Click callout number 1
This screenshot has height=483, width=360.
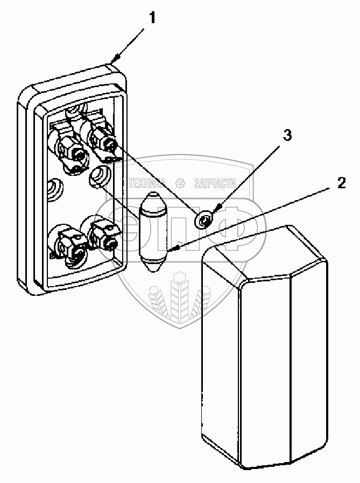153,18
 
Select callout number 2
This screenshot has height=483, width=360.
341,182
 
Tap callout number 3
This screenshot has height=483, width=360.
288,135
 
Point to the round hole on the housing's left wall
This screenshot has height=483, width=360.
53,189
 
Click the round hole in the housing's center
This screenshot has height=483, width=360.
98,175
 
